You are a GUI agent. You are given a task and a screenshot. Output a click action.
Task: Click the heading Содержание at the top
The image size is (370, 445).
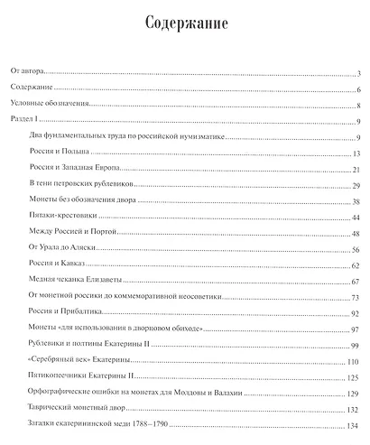[x=184, y=21]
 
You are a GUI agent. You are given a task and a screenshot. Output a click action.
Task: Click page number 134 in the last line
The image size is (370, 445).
[x=354, y=425]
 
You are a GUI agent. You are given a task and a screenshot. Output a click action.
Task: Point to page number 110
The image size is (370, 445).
[x=354, y=362]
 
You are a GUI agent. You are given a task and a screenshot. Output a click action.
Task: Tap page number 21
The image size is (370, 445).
[x=356, y=169]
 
